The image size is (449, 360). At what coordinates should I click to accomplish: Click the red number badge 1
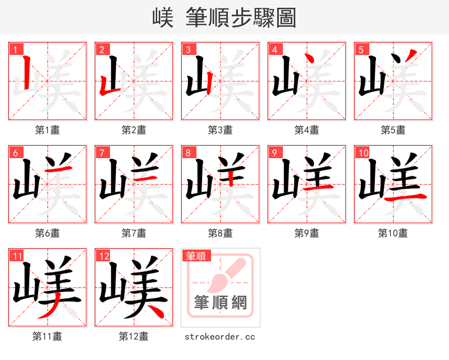(13, 49)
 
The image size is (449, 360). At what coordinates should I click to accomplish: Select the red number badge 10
(363, 153)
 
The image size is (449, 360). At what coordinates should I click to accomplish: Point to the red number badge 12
(103, 256)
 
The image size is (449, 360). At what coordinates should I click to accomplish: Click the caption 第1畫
(47, 130)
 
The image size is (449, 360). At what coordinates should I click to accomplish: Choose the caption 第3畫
(220, 130)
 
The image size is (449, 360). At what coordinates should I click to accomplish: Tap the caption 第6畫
(47, 233)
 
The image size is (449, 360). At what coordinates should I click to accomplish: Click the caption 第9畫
(306, 233)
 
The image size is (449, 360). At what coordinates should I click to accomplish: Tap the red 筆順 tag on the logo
(196, 256)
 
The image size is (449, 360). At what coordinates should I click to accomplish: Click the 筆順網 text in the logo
(220, 303)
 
